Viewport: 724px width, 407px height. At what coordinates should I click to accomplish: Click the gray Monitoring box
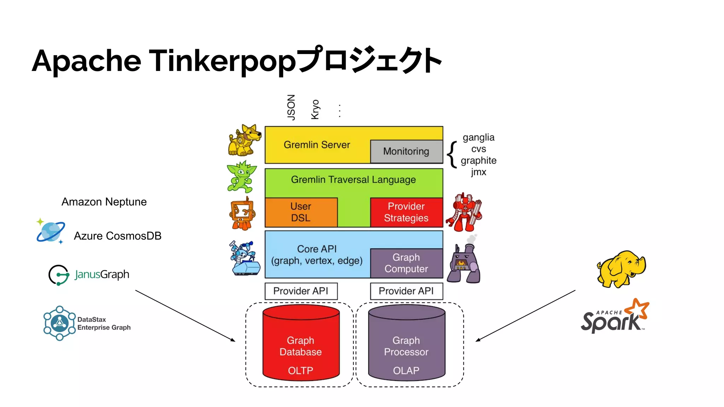point(406,152)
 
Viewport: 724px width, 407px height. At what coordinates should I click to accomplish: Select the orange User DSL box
point(301,212)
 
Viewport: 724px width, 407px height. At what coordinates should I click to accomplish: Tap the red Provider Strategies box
point(406,212)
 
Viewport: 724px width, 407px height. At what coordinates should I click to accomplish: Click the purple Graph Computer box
point(406,263)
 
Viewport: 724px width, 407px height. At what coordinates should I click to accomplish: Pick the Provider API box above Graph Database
point(301,291)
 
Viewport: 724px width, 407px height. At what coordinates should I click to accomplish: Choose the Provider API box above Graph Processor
point(406,291)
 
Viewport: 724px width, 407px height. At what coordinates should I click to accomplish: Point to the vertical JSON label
point(291,107)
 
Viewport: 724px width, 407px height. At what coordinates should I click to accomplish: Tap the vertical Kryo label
point(315,110)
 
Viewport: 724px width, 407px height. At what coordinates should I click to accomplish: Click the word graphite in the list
point(478,160)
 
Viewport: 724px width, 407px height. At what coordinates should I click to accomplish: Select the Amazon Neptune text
point(104,202)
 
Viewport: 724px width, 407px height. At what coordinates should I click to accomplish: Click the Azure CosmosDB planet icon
point(51,231)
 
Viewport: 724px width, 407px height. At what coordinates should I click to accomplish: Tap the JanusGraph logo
point(89,275)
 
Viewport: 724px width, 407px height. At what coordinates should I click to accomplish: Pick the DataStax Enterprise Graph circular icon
point(59,323)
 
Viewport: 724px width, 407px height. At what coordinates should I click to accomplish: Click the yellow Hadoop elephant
point(621,269)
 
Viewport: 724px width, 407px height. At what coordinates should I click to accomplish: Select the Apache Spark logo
point(615,317)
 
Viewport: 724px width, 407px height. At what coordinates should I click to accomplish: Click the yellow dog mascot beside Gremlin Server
point(244,141)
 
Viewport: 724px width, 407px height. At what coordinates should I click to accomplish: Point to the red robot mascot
point(464,212)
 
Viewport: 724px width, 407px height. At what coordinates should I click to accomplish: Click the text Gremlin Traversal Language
point(353,180)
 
